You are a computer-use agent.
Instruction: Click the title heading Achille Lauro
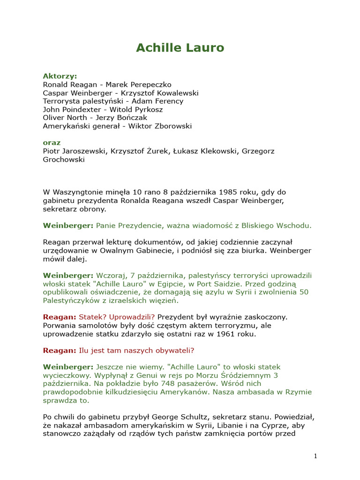pos(180,48)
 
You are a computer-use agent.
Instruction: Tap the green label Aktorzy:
pos(60,76)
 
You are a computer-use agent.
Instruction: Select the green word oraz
pos(52,142)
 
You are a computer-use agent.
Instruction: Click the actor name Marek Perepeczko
pos(138,84)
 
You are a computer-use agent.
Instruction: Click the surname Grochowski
pos(64,159)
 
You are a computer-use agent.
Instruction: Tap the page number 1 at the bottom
pos(315,456)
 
